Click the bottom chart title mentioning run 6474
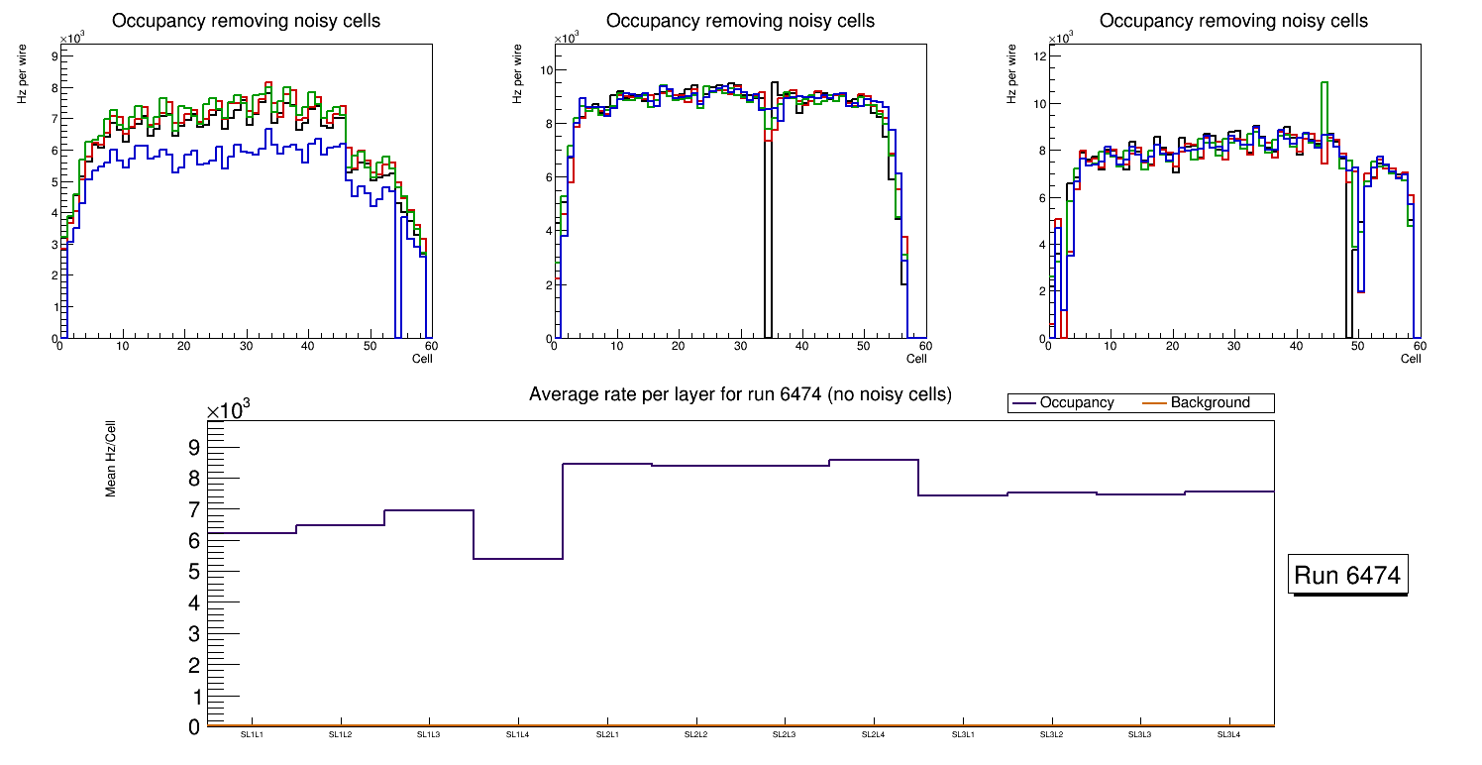(740, 394)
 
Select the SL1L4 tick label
(518, 734)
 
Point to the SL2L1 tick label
(607, 734)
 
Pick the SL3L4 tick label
(1228, 734)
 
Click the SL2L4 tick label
(873, 734)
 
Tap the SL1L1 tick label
(252, 734)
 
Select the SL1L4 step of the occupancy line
(518, 559)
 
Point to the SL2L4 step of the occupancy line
(873, 460)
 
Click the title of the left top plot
(246, 21)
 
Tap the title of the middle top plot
(740, 21)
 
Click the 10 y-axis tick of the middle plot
(544, 70)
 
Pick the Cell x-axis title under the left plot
(422, 358)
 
